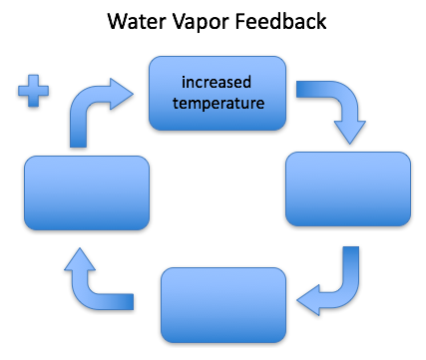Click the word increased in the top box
217,81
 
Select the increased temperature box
217,93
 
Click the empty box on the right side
348,188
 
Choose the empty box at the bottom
221,302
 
